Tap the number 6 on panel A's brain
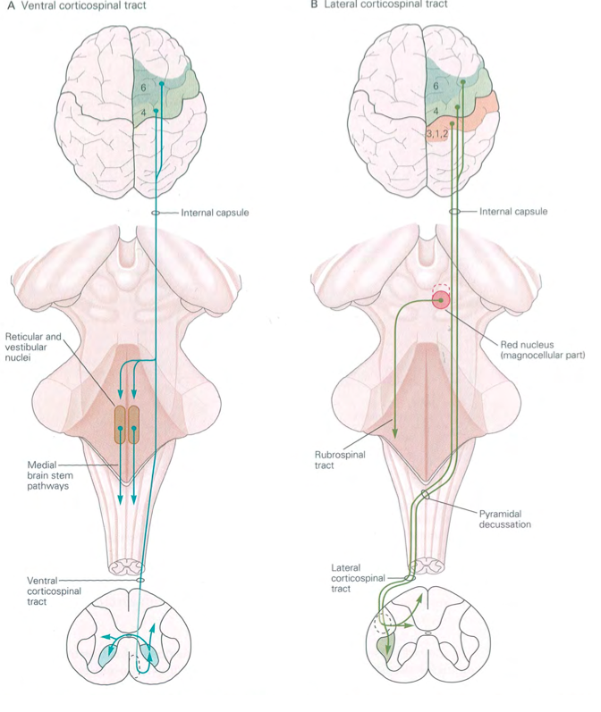pyautogui.click(x=144, y=88)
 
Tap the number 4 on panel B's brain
pyautogui.click(x=436, y=111)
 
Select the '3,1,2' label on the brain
pyautogui.click(x=437, y=133)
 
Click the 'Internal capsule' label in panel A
pyautogui.click(x=215, y=213)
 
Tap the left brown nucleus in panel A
pyautogui.click(x=120, y=426)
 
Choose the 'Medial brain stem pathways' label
pyautogui.click(x=51, y=476)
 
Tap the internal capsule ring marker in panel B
pyautogui.click(x=454, y=213)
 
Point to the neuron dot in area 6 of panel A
pyautogui.click(x=162, y=84)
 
